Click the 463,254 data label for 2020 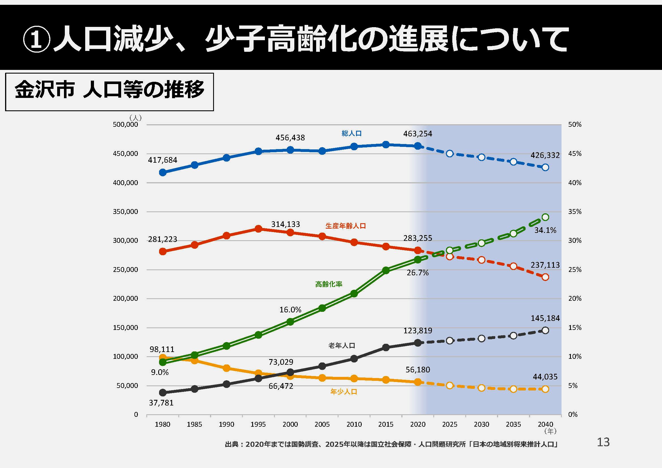click(417, 134)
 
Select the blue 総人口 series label click(352, 134)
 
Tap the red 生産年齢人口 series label click(345, 226)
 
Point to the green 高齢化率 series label click(328, 284)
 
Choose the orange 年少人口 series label click(343, 392)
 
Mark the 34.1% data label click(545, 230)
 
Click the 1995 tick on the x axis click(258, 424)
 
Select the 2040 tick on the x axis click(545, 424)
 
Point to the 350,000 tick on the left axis click(125, 212)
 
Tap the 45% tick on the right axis click(575, 154)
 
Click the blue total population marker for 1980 click(163, 172)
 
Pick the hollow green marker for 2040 click(545, 217)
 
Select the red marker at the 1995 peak click(258, 229)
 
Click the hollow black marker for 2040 click(545, 330)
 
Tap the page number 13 click(603, 442)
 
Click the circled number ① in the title click(37, 40)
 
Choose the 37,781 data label click(161, 403)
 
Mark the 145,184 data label click(545, 318)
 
